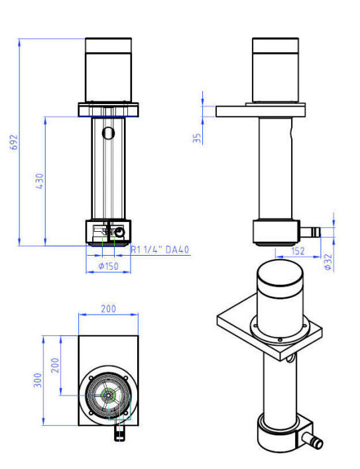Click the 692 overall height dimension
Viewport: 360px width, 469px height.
point(14,142)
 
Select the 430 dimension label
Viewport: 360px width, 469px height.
point(40,181)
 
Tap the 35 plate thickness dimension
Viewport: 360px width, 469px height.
point(197,138)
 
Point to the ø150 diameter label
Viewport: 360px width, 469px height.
point(108,266)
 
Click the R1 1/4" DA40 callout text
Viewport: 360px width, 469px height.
point(160,250)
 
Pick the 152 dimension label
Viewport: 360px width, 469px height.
point(298,250)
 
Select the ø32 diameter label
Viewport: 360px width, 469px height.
point(329,262)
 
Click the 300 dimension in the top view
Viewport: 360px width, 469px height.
point(38,380)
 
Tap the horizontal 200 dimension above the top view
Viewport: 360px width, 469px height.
point(108,309)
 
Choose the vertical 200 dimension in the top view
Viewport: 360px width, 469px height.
point(55,365)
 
